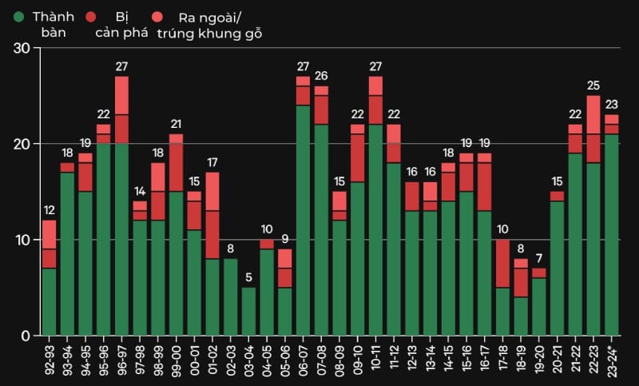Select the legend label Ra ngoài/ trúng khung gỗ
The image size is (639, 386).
click(x=210, y=25)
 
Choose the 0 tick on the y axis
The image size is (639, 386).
click(x=26, y=336)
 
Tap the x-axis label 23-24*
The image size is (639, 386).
click(x=612, y=358)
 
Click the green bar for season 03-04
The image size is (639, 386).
click(x=248, y=312)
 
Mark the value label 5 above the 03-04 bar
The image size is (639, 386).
click(x=248, y=278)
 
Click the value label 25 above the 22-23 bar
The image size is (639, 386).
click(x=593, y=86)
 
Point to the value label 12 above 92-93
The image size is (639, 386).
click(x=50, y=210)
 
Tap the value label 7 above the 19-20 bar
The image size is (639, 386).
click(x=539, y=259)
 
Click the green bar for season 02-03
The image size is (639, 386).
click(x=230, y=296)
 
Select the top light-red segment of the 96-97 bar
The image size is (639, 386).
click(x=121, y=95)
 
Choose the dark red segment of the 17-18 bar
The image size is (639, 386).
click(x=502, y=263)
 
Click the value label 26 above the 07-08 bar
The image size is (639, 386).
click(x=321, y=76)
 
